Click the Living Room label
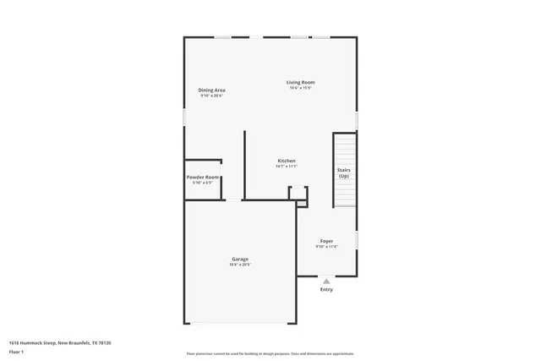click(300, 82)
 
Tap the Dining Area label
click(211, 90)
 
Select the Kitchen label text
click(287, 161)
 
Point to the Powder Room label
click(203, 177)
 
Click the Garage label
click(240, 259)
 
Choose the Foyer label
click(326, 241)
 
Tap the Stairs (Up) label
click(344, 172)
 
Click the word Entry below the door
click(326, 290)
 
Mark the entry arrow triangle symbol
click(326, 281)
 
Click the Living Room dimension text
click(300, 88)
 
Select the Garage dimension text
click(240, 265)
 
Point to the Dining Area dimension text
click(211, 96)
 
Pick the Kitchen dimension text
click(287, 167)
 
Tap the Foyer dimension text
click(326, 247)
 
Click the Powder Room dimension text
click(203, 183)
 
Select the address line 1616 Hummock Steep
click(60, 342)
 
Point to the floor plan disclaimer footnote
click(270, 354)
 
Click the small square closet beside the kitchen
click(298, 194)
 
